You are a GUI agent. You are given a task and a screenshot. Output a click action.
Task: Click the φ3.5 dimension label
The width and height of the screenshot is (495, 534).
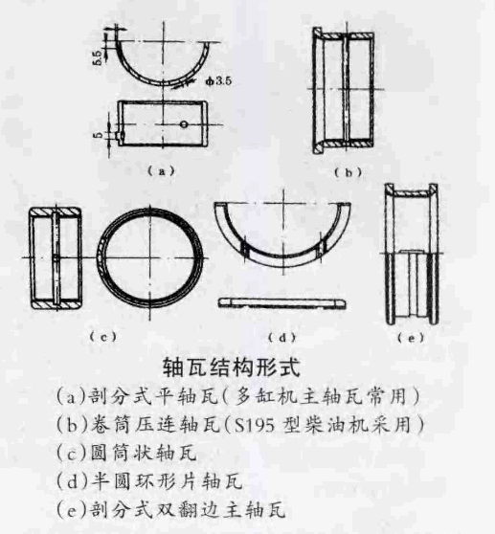tap(218, 81)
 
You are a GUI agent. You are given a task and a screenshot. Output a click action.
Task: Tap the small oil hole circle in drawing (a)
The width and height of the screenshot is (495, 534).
tap(184, 124)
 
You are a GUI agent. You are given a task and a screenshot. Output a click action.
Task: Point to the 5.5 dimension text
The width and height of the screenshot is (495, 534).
tap(97, 57)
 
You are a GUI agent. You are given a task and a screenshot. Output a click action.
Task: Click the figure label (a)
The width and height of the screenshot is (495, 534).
tap(161, 170)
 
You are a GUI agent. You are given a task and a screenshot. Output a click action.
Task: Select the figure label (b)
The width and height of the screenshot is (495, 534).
tap(348, 172)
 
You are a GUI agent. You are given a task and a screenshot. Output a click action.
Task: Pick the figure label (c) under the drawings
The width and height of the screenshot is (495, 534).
tap(102, 337)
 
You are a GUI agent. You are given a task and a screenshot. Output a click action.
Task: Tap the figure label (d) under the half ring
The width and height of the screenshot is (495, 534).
tap(281, 338)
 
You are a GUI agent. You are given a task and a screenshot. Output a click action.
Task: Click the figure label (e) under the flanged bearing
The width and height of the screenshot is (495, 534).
tap(411, 338)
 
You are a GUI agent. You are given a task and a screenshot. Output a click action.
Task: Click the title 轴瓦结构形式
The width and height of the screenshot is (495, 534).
tap(232, 367)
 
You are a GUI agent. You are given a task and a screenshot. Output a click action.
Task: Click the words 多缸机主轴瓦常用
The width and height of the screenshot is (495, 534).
tap(321, 397)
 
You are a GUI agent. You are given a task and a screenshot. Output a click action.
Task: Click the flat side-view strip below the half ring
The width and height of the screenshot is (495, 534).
tap(281, 302)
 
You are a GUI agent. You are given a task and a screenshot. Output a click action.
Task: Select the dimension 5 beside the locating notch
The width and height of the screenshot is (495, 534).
tap(99, 135)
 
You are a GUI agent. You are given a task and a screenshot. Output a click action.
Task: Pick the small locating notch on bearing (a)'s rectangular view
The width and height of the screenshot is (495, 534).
tap(119, 136)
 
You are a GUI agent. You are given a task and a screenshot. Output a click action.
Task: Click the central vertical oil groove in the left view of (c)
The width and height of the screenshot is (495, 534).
tap(56, 257)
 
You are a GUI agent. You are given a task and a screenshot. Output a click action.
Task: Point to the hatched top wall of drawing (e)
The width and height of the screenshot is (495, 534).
tap(412, 193)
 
